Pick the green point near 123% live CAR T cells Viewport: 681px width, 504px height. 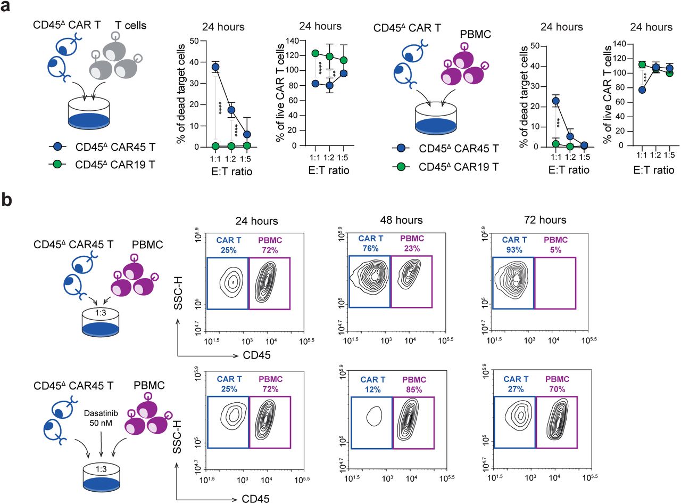[x=315, y=53]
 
